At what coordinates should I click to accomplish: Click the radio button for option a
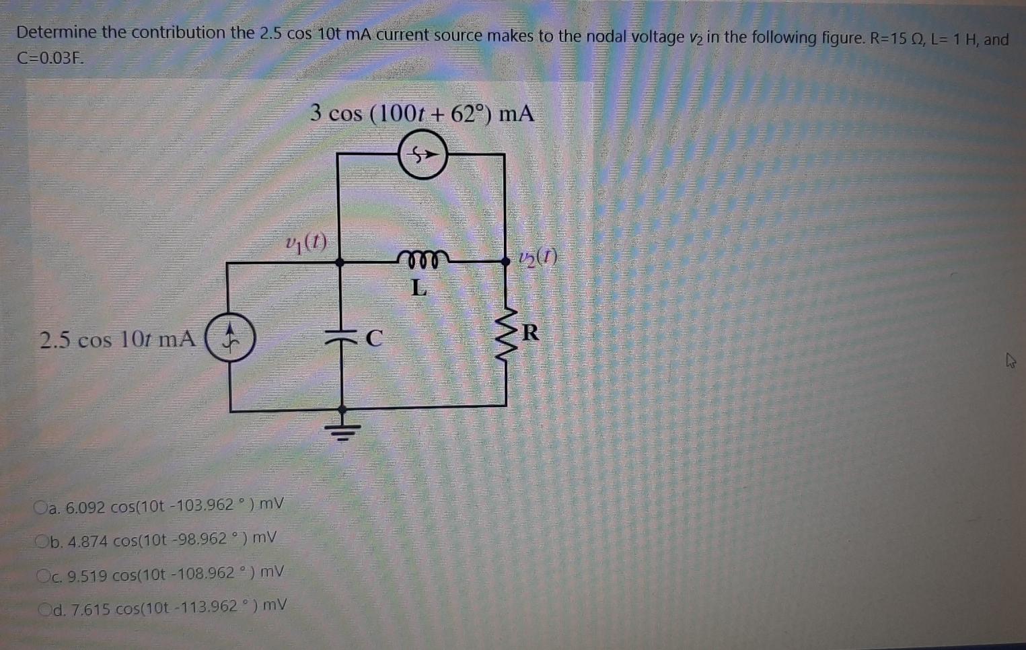tap(41, 507)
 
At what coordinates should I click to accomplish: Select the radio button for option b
tap(42, 540)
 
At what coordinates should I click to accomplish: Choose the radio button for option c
tap(44, 575)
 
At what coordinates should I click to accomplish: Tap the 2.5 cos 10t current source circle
tap(230, 338)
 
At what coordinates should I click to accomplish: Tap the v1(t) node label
tap(306, 242)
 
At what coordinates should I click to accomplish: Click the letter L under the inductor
tap(419, 288)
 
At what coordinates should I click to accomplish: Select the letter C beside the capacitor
tap(374, 337)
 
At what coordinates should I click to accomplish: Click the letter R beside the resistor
tap(531, 332)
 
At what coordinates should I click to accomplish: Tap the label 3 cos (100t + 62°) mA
tap(422, 113)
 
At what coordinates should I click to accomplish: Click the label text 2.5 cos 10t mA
tap(118, 339)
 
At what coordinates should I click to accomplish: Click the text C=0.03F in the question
tap(50, 58)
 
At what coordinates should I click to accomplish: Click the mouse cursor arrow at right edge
tap(1010, 361)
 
